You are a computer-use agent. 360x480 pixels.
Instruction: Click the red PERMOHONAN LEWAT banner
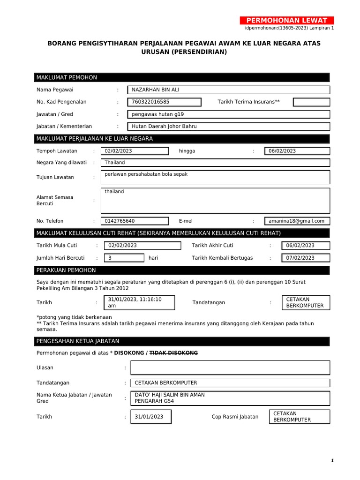[x=287, y=20]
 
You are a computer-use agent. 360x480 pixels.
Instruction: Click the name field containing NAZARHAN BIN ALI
[x=228, y=90]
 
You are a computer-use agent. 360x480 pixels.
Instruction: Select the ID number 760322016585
[x=164, y=102]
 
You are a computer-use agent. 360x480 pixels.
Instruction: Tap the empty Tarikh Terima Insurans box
[x=311, y=102]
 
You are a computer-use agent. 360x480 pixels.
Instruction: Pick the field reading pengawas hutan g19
[x=228, y=114]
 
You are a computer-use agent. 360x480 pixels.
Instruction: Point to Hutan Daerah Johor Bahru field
[x=228, y=126]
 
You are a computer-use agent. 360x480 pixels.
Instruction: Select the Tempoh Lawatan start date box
[x=135, y=151]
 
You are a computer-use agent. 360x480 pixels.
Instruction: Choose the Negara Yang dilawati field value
[x=215, y=163]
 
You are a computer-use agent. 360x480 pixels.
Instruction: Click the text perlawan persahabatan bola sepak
[x=146, y=174]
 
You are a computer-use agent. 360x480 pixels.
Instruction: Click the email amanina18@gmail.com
[x=297, y=221]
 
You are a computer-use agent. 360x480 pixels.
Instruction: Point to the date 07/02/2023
[x=305, y=258]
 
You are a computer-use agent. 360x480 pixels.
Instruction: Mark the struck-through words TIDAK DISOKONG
[x=173, y=352]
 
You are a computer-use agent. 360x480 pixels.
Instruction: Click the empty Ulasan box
[x=230, y=367]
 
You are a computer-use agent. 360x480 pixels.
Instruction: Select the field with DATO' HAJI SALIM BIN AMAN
[x=230, y=398]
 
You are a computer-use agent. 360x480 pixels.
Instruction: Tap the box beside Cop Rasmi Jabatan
[x=300, y=417]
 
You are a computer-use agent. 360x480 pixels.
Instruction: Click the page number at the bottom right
[x=332, y=461]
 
